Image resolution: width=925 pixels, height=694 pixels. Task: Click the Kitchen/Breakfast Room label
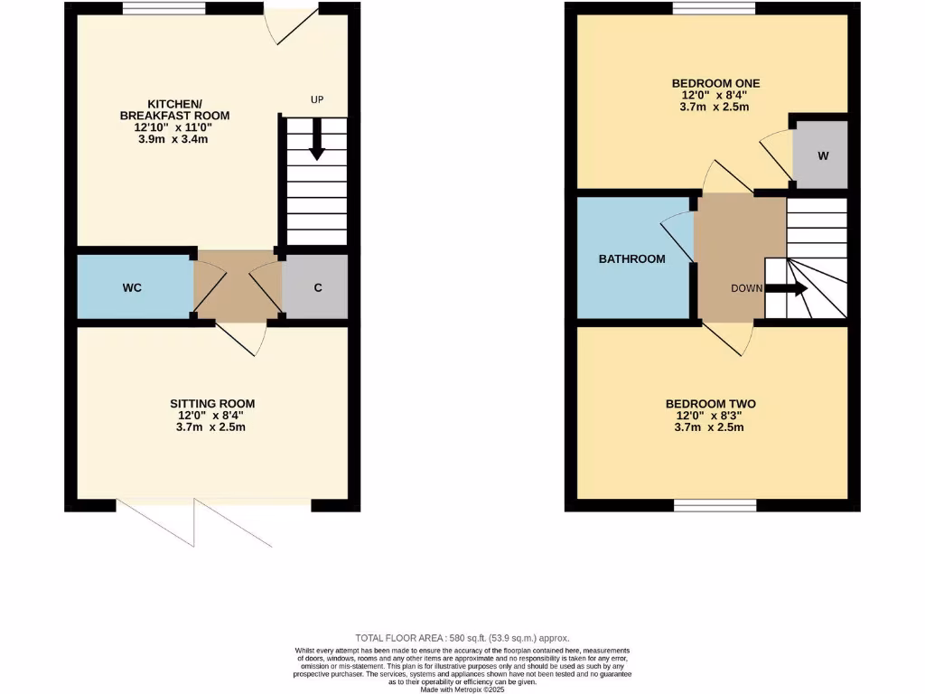(174, 108)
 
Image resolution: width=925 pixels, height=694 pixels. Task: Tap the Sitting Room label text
(212, 404)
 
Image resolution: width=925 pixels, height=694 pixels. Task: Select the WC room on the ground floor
(133, 287)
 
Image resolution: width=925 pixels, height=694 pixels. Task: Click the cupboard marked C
(317, 287)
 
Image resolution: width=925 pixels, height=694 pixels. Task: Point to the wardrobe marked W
(822, 155)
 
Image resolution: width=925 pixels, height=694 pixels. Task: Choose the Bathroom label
(631, 258)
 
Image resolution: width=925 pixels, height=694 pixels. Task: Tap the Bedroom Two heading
(710, 404)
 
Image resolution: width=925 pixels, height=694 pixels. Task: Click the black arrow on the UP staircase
(315, 145)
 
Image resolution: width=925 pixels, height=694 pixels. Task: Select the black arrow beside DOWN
(787, 289)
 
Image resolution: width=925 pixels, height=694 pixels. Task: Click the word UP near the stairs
(316, 99)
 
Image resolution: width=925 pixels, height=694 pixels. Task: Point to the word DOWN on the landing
(747, 289)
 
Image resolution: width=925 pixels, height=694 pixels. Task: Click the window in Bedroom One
(714, 9)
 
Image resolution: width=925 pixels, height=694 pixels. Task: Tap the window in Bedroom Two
(715, 505)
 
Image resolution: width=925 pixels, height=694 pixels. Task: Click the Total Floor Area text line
(462, 637)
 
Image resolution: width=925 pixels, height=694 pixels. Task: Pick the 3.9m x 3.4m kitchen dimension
(174, 139)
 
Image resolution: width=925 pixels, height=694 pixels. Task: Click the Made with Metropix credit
(462, 689)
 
